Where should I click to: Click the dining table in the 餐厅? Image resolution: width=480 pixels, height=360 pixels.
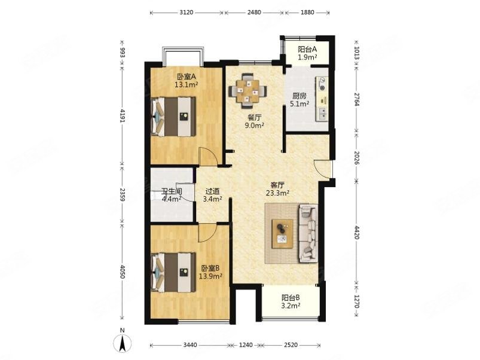[247, 91]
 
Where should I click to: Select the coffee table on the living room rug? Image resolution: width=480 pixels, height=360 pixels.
[283, 233]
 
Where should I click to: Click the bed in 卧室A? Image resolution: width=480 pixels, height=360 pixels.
[173, 117]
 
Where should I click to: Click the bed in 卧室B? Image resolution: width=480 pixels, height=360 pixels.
[173, 272]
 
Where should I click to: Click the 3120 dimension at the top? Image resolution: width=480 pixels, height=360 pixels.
[187, 12]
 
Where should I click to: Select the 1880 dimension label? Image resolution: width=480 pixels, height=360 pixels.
[307, 12]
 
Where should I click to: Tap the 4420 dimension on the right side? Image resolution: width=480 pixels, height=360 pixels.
[357, 233]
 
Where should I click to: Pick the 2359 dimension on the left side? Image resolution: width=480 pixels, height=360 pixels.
[122, 194]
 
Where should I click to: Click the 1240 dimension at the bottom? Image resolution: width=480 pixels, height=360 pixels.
[246, 345]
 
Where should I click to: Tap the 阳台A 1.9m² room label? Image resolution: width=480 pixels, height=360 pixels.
[307, 53]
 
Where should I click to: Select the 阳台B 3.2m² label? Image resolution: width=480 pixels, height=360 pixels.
[291, 301]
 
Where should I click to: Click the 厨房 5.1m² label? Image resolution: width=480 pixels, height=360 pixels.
[299, 100]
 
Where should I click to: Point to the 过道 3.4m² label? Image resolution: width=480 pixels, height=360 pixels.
[212, 195]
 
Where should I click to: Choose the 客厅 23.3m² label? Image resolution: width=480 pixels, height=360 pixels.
[278, 189]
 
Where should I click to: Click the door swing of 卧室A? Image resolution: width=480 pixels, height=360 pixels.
[208, 157]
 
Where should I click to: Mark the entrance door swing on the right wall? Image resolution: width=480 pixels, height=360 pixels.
[323, 169]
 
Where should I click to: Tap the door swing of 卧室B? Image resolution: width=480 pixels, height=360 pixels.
[207, 233]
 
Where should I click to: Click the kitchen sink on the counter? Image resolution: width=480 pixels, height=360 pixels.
[323, 114]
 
